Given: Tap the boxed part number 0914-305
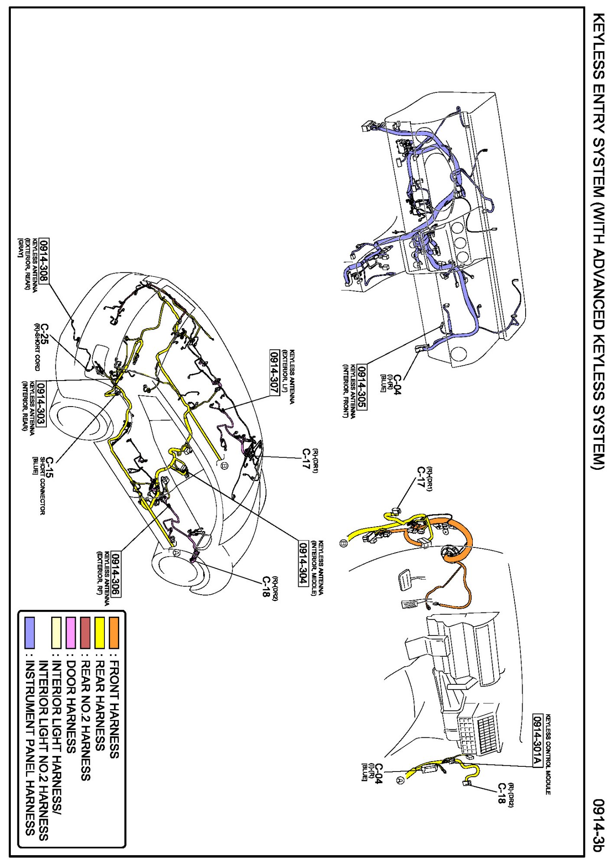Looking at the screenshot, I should [362, 387].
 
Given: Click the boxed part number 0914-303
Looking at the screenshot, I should [41, 404].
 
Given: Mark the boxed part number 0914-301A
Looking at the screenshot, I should [537, 740].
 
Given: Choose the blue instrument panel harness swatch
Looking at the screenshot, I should [29, 633].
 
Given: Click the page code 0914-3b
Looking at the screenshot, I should [598, 825].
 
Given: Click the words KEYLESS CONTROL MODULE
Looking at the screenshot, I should [548, 754].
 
